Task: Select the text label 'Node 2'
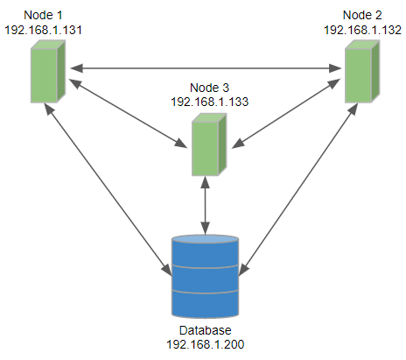pos(362,16)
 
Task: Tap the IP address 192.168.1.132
pos(362,29)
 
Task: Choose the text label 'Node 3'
pos(209,88)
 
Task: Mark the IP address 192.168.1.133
pos(209,101)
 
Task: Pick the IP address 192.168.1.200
pos(205,345)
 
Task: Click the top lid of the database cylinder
pos(205,240)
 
